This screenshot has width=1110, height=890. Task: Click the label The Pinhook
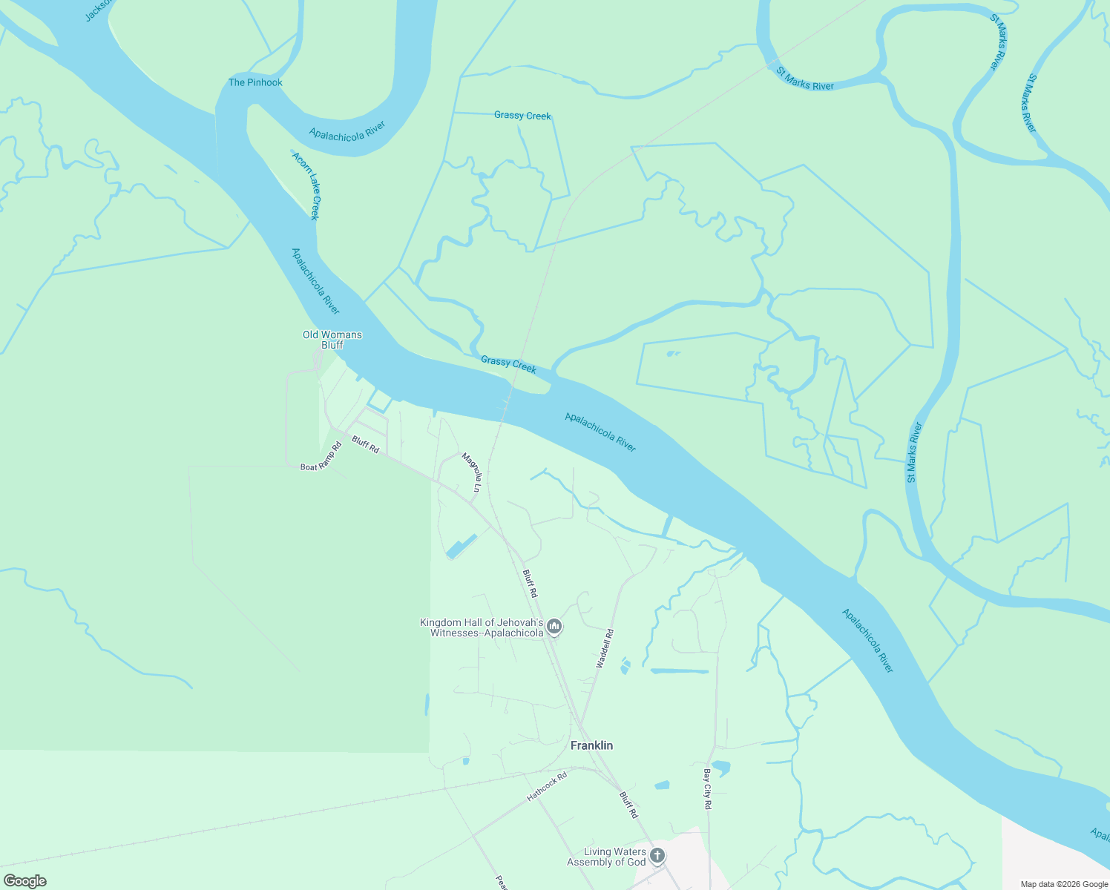(x=255, y=82)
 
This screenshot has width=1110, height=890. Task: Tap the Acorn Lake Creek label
(x=305, y=186)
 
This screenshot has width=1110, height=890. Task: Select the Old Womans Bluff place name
(x=332, y=340)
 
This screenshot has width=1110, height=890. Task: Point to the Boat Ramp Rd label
(x=321, y=457)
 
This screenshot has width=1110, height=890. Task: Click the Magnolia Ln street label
(x=471, y=473)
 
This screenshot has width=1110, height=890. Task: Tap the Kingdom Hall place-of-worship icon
(x=554, y=628)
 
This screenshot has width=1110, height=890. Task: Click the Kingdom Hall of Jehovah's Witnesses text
(x=482, y=628)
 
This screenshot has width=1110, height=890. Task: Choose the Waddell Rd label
(x=605, y=649)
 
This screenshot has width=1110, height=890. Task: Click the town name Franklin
(x=591, y=745)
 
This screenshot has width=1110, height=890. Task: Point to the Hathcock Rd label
(x=547, y=787)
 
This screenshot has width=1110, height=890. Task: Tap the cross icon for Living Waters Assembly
(x=657, y=857)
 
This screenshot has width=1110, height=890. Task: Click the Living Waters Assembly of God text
(x=606, y=857)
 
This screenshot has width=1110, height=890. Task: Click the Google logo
(x=25, y=881)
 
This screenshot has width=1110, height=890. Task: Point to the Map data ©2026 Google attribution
(x=1064, y=884)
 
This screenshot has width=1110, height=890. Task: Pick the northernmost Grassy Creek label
(x=522, y=116)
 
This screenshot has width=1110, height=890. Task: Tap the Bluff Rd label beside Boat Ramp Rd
(x=365, y=444)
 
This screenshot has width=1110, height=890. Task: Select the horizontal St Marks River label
(x=805, y=79)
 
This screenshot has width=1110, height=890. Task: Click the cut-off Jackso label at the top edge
(x=98, y=9)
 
